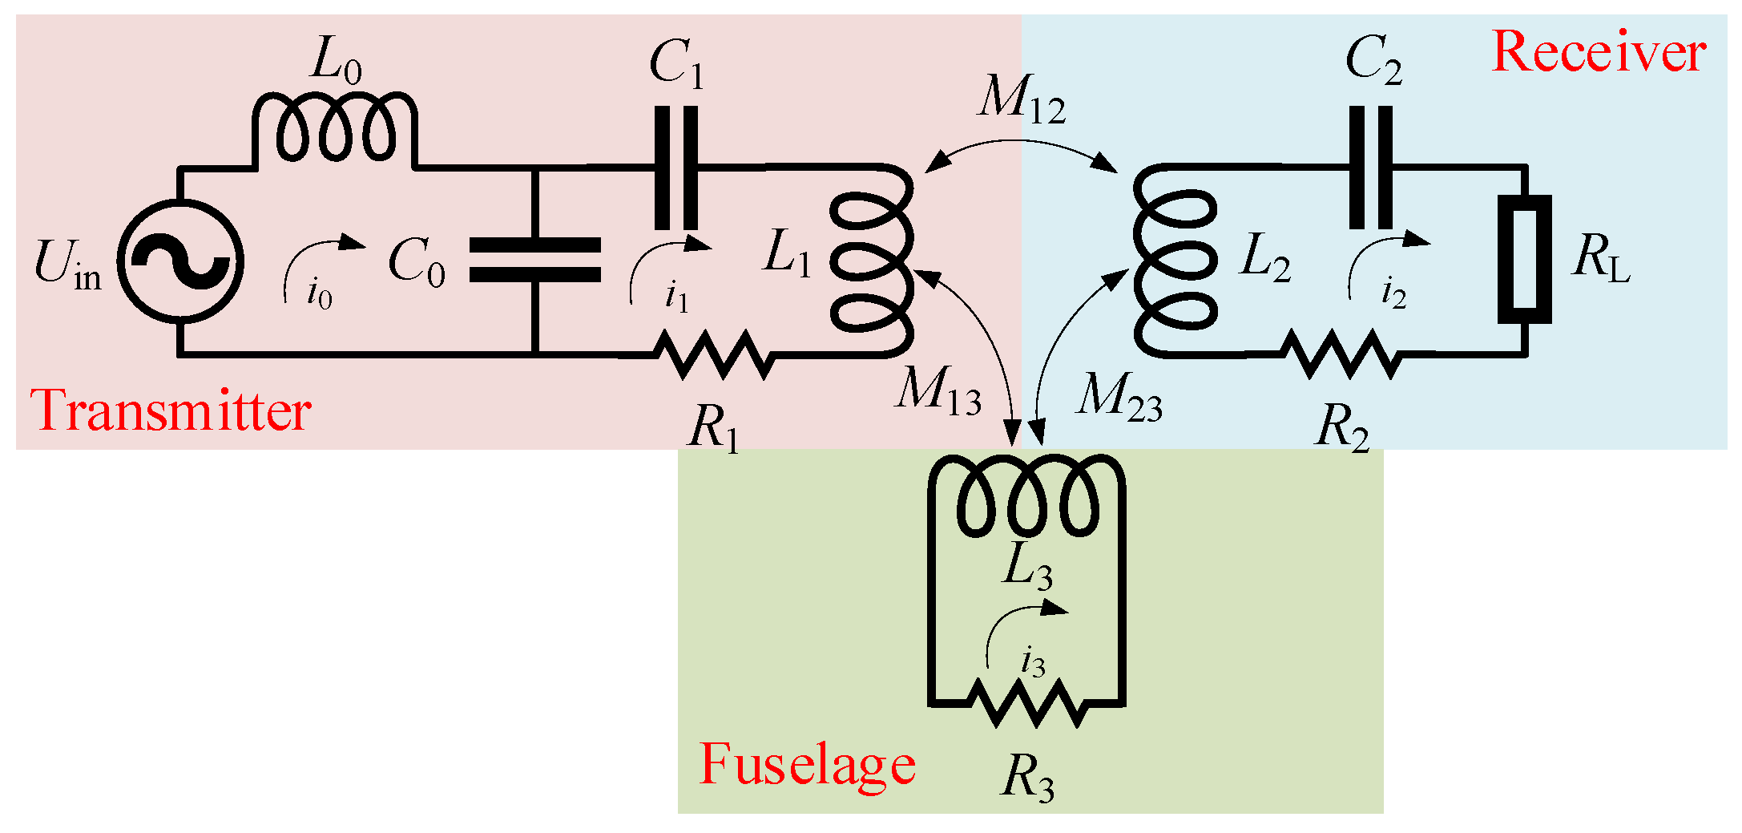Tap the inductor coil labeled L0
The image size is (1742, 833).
[x=335, y=128]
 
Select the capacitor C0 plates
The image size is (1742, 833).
[x=534, y=260]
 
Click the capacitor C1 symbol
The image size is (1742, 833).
[x=675, y=168]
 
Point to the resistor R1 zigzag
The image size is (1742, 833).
[x=714, y=354]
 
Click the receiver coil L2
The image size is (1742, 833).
[x=1175, y=261]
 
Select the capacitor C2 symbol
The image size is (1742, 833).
[x=1371, y=168]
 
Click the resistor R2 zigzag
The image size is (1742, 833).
[x=1341, y=354]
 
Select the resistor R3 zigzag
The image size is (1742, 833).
[x=1027, y=703]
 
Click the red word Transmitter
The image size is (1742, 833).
[x=170, y=411]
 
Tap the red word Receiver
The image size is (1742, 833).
[x=1599, y=52]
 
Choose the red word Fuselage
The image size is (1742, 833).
[x=807, y=764]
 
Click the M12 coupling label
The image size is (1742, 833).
[x=1022, y=101]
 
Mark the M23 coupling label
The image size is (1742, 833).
[x=1119, y=397]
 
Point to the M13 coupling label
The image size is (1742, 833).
[x=938, y=392]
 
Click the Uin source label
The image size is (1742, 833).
[x=68, y=265]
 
